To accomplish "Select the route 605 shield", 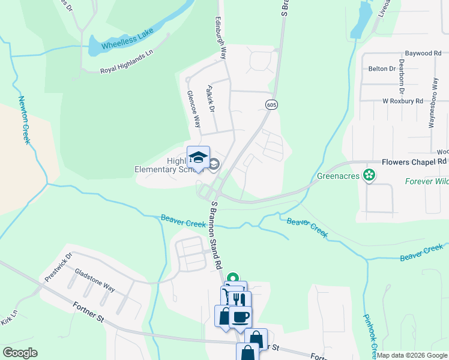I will click(271, 105).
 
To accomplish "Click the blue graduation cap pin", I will click(198, 158).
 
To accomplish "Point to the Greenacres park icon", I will click(370, 175).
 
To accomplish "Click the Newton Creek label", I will click(24, 119).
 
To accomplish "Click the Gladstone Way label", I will click(95, 280).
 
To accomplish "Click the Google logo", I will click(20, 353).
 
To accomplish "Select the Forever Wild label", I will click(426, 181).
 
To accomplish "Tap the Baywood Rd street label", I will click(423, 53).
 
